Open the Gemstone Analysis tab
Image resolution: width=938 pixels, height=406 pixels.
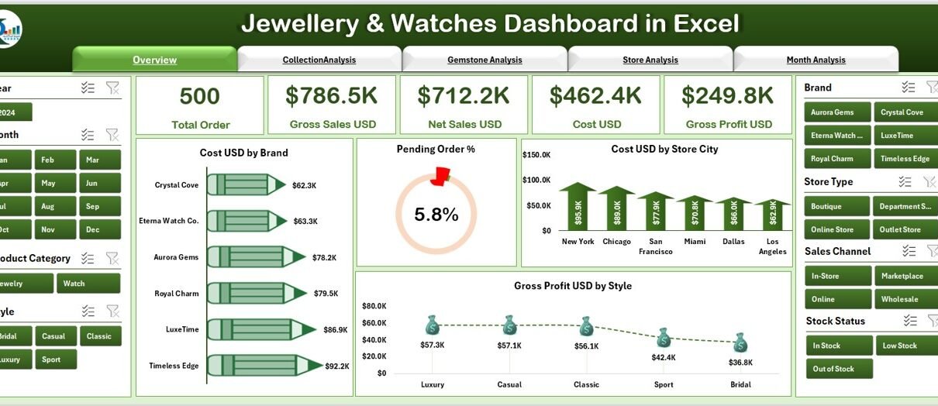tap(485, 60)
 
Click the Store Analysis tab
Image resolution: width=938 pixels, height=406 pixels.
tap(650, 60)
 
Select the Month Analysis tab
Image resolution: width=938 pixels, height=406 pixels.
tap(816, 60)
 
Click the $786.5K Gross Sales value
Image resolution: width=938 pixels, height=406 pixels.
tap(332, 95)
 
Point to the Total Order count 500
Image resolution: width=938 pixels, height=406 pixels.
tap(199, 96)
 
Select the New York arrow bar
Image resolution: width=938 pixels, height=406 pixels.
tap(578, 207)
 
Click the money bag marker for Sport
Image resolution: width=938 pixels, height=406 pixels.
tap(663, 338)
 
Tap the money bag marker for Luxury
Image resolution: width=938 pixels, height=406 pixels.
tap(433, 325)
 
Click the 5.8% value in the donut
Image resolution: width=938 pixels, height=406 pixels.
tap(436, 215)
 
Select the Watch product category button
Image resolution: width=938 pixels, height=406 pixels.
tap(88, 283)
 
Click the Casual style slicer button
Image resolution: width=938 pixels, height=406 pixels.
tap(54, 335)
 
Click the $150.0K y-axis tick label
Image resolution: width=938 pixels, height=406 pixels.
tap(536, 155)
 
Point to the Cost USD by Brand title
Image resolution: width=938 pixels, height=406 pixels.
tap(243, 153)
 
